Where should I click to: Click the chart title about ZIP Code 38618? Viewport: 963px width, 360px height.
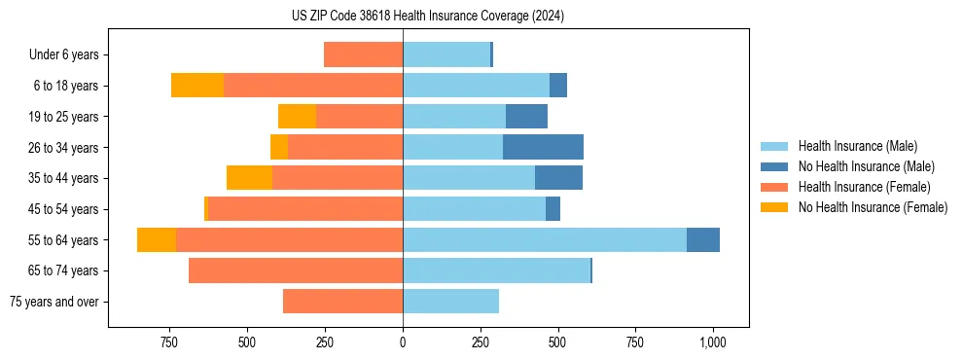tap(428, 16)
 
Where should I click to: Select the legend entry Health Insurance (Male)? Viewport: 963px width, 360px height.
tap(857, 146)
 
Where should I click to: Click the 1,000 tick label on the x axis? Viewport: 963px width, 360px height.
tap(713, 342)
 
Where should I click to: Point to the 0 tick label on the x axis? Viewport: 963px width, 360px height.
tap(403, 342)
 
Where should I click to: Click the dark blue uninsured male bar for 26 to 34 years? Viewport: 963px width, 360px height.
tap(543, 147)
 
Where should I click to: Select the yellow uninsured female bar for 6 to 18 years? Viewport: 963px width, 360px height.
tap(197, 86)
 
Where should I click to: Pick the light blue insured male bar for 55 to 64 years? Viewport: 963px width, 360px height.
tap(545, 240)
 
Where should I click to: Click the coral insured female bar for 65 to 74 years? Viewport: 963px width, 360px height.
tap(296, 270)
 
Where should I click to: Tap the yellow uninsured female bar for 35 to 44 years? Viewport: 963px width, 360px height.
tap(249, 178)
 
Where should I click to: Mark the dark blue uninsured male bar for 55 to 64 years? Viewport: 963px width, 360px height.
tap(703, 240)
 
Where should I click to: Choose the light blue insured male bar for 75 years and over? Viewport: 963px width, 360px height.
tap(450, 302)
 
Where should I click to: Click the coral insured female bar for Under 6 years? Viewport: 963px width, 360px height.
tap(363, 55)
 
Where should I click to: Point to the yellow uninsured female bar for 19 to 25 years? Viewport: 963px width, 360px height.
tap(297, 117)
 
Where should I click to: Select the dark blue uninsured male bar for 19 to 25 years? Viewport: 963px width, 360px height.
tap(526, 117)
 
